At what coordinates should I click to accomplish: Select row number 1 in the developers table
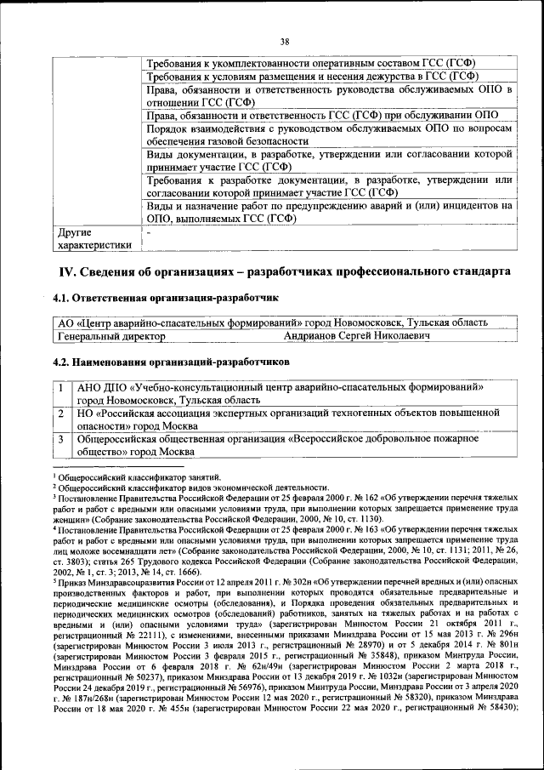[63, 386]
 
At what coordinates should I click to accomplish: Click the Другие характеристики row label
[93, 238]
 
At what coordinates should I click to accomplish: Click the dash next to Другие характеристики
[149, 231]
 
